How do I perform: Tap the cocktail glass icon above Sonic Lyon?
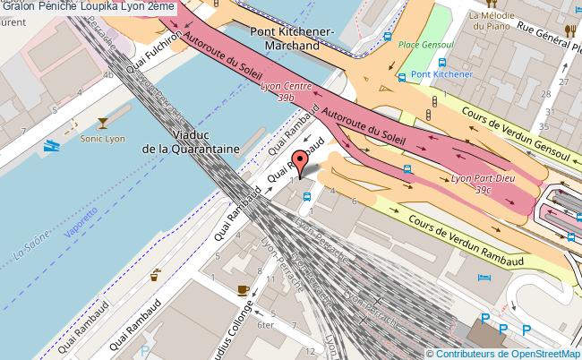pos(104,122)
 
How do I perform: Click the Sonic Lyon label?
pos(103,140)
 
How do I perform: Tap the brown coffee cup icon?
pos(242,288)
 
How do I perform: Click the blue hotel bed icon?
pos(484,279)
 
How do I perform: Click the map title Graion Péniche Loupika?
pos(88,7)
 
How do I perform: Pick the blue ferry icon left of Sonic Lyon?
pos(52,143)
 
